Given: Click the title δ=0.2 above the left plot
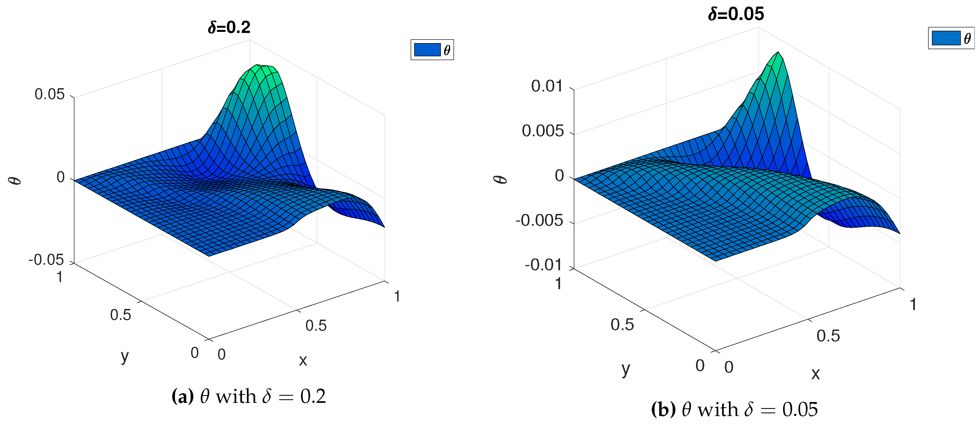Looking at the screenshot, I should (x=229, y=28).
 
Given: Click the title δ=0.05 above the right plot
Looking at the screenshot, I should (x=736, y=14).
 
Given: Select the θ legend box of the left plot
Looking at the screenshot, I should (x=432, y=50).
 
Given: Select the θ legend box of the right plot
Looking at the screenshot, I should (x=951, y=38).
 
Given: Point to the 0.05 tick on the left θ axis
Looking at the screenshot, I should (x=50, y=94).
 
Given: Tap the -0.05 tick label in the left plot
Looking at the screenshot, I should (x=46, y=260).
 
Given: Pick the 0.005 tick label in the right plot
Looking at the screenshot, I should (x=542, y=131).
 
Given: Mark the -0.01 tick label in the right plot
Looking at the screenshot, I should (x=543, y=265).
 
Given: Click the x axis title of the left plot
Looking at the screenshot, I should (x=303, y=360).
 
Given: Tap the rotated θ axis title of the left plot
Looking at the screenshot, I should (x=15, y=178).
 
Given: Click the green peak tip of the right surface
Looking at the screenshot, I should (x=778, y=53).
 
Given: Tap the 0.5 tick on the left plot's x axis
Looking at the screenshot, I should (x=316, y=325).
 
